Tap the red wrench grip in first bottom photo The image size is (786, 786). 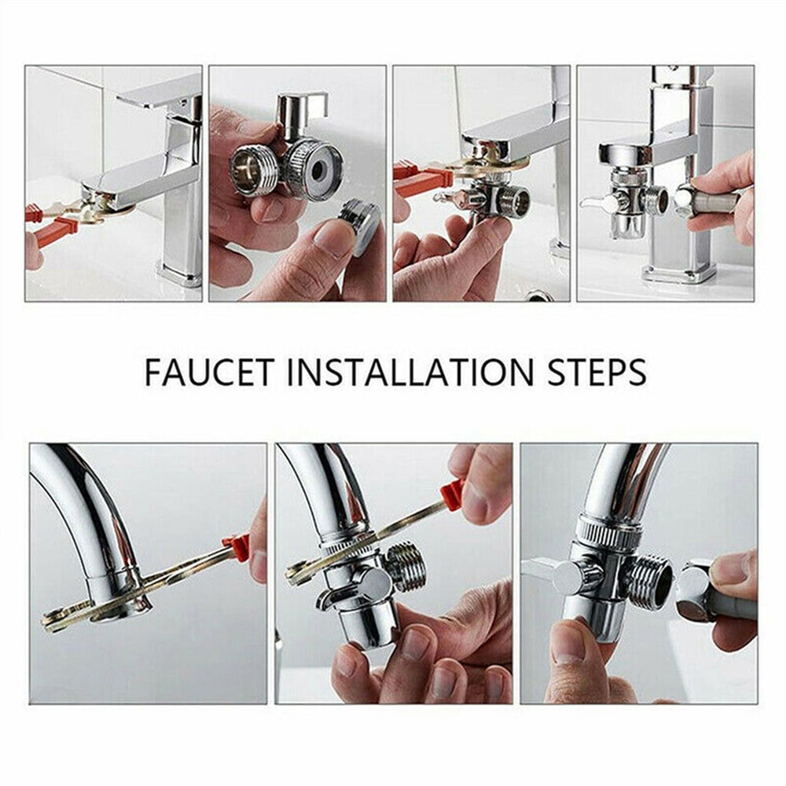237,544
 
